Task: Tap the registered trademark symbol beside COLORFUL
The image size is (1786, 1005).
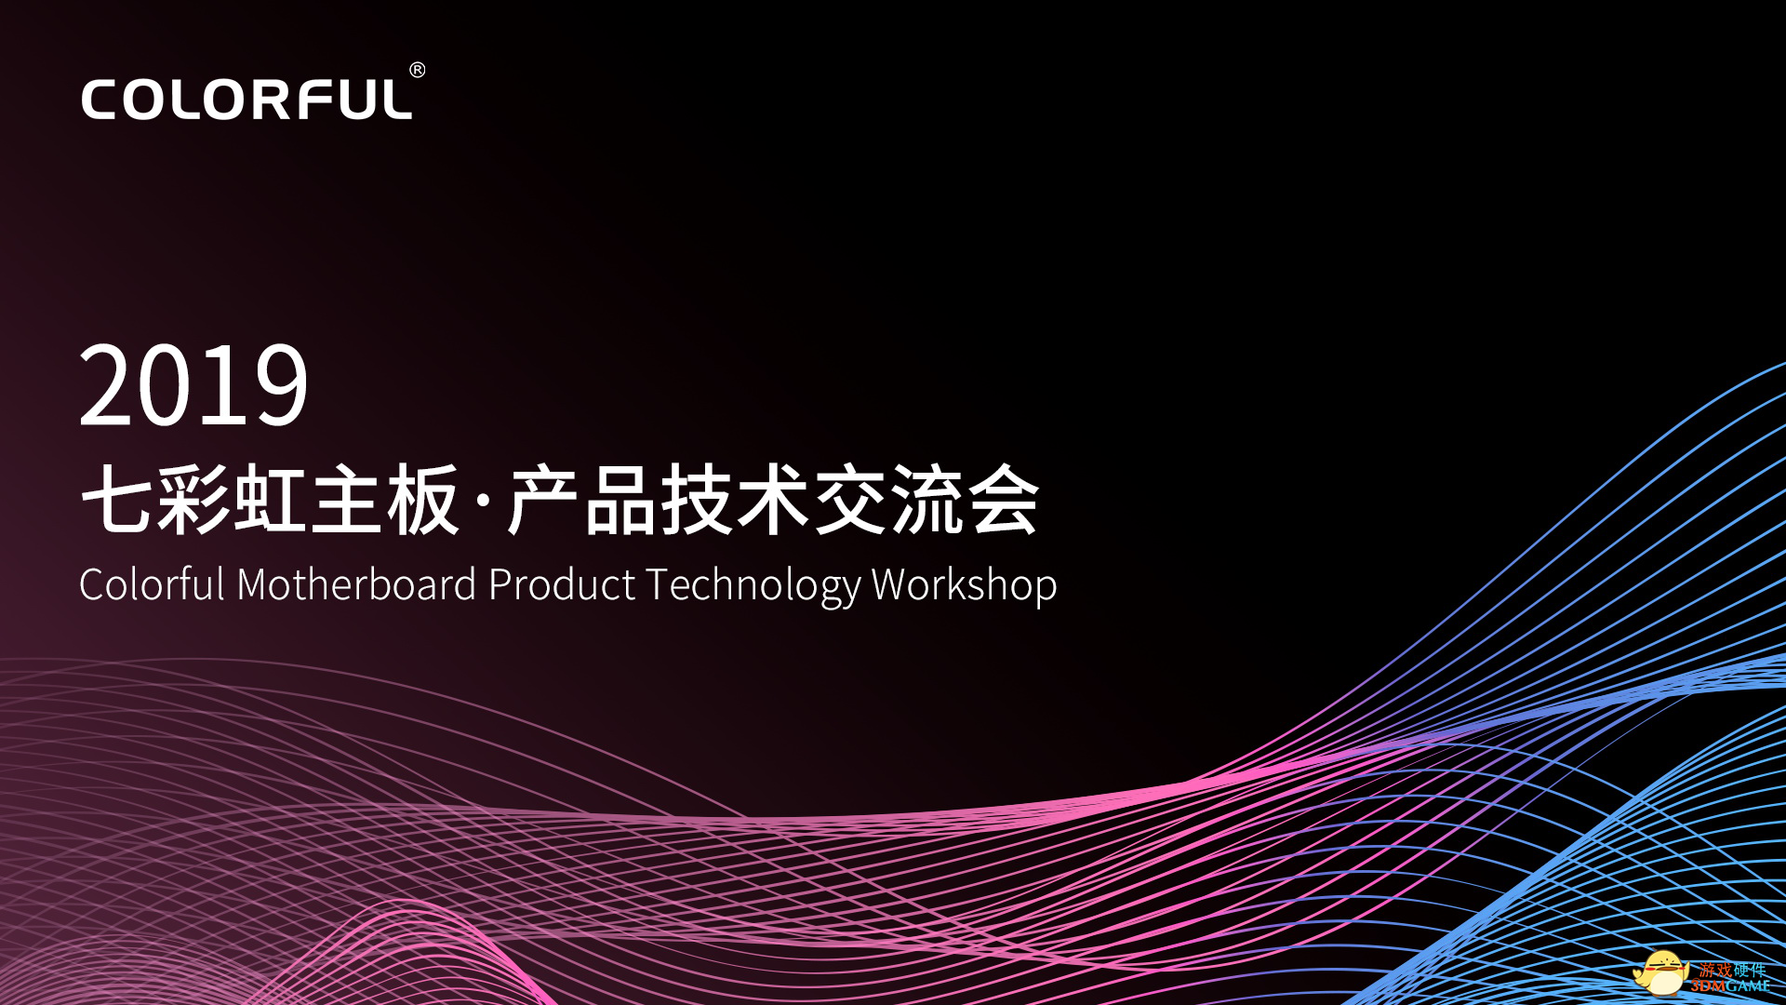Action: (418, 70)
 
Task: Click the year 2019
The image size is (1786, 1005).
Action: (193, 385)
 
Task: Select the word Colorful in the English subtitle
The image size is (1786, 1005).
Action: (153, 585)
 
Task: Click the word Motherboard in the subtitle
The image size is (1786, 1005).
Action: (357, 585)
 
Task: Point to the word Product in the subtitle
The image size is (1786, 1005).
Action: (562, 585)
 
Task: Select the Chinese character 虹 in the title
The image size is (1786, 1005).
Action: (270, 500)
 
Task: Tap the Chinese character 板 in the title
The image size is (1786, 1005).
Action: (423, 500)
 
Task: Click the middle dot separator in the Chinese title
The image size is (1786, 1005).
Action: (483, 501)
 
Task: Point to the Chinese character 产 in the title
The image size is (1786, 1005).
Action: (543, 500)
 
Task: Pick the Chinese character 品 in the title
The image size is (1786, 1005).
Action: (620, 500)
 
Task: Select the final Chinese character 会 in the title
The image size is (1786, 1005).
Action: (1004, 500)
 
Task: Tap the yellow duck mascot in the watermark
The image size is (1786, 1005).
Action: (1661, 972)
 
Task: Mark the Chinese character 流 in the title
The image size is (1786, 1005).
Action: (927, 500)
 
